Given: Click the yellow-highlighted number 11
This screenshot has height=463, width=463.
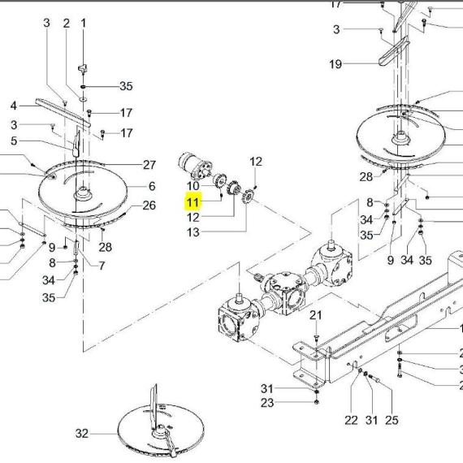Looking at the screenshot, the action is tap(193, 202).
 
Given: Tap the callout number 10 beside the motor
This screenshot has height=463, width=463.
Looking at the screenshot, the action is tap(193, 186).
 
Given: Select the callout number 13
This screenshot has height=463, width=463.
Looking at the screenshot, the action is tap(193, 232).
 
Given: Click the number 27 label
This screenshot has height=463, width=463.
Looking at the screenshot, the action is tap(149, 165).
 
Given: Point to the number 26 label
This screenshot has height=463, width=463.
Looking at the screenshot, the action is tap(149, 206).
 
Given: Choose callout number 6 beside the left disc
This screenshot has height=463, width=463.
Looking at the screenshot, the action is tap(152, 186).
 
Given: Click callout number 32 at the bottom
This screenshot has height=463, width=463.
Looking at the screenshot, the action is tap(82, 434).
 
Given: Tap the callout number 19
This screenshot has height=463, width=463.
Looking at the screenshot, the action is tap(335, 64).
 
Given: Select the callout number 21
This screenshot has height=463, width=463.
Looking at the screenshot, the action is tap(315, 315).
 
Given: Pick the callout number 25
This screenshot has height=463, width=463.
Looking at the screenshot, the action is tap(392, 420).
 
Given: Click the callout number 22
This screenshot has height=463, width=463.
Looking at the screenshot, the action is tap(351, 420).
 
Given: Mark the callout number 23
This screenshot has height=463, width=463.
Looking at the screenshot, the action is tap(267, 402).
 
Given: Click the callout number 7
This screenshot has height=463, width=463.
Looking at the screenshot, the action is tap(102, 266).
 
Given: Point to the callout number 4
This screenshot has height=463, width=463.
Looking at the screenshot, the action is tap(14, 106).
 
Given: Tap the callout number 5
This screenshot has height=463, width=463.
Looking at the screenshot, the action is tap(14, 141).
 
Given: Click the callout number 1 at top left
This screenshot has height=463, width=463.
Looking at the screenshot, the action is tap(84, 23).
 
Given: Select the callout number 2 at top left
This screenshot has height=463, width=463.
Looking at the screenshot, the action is tap(67, 23).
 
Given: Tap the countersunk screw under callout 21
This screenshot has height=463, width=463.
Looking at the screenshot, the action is tap(316, 338).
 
